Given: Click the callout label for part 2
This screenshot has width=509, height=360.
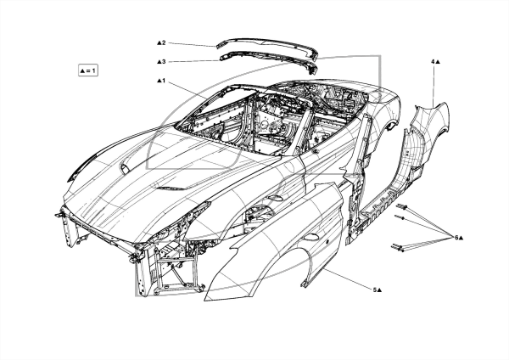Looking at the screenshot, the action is pos(161,42).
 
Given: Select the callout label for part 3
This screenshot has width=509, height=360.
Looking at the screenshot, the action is pos(161,61).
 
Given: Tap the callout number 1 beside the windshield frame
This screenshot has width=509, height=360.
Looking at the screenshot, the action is pos(161,81).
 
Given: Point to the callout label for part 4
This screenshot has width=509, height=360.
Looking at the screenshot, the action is pos(435,61).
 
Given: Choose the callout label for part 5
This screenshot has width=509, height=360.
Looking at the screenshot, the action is pos(377,290).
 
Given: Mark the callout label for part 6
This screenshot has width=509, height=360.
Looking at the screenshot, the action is pos(459,238).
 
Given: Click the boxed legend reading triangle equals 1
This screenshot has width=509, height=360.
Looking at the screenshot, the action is pos(88,70).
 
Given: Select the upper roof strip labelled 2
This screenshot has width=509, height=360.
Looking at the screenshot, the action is pos(267,46).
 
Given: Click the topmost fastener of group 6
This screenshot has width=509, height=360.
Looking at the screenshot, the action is pos(402,206).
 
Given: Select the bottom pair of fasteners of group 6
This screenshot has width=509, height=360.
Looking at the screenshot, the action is pos(399,248).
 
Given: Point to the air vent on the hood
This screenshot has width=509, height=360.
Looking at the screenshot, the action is pos(171,188).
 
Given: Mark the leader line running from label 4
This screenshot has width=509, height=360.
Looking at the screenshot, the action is pos(434,85).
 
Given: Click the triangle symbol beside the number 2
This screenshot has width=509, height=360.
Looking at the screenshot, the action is pos(159,42).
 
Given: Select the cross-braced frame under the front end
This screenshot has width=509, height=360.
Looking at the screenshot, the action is pos(176,270).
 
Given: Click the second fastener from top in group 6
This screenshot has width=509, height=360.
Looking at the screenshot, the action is pos(400,217).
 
